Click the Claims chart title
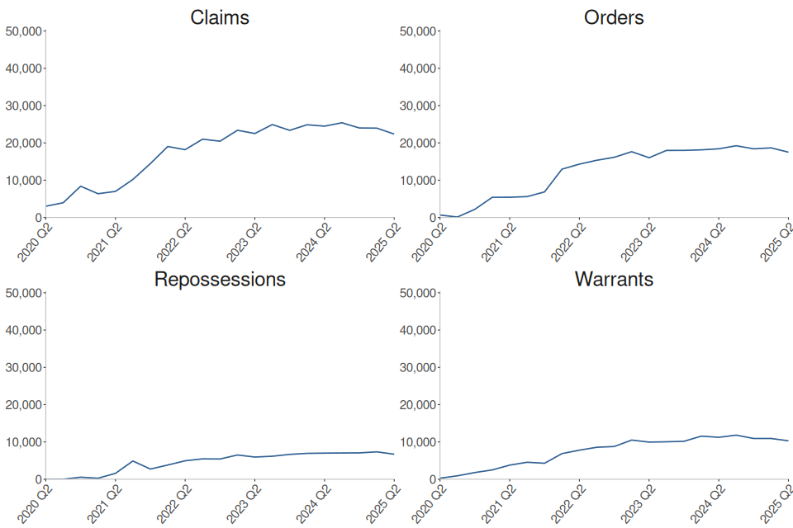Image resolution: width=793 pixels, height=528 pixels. [x=220, y=17]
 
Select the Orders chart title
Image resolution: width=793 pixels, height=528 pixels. [x=614, y=17]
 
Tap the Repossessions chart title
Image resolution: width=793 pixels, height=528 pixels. [x=220, y=279]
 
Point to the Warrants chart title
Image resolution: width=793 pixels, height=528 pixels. [x=614, y=279]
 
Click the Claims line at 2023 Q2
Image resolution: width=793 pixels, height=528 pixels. [x=254, y=134]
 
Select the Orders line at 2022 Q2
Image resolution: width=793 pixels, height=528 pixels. [x=579, y=164]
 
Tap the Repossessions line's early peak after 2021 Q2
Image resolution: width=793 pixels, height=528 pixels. [x=133, y=461]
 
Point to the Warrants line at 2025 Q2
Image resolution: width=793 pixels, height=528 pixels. [x=788, y=441]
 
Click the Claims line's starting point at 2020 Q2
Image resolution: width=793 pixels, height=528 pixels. [x=46, y=206]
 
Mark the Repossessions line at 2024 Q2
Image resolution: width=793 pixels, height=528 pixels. [x=325, y=453]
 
